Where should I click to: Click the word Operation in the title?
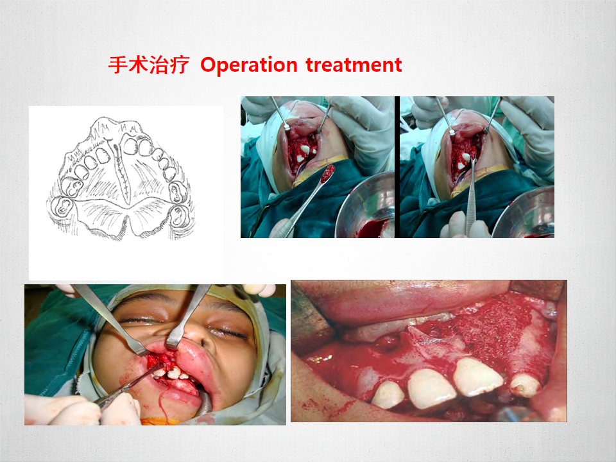tap(249, 65)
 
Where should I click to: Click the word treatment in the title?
tap(354, 64)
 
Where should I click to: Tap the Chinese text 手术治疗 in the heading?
tap(148, 64)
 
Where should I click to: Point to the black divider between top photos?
tap(397, 167)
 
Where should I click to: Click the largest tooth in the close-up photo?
tap(477, 377)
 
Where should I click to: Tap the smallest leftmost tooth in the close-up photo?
tap(387, 395)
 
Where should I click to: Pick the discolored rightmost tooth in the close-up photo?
tap(526, 386)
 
